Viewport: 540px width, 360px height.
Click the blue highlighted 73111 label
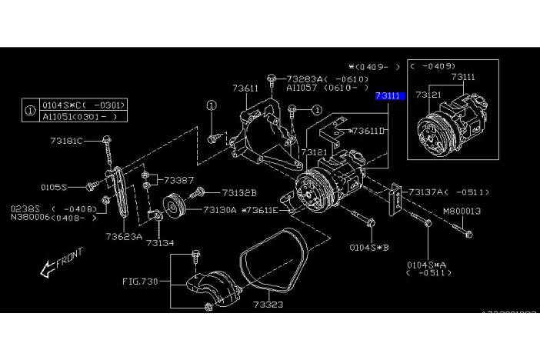pos(389,96)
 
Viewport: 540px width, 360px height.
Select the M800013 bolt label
pos(462,210)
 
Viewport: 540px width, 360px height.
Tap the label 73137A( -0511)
pos(449,192)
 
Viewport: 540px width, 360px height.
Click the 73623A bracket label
pos(124,236)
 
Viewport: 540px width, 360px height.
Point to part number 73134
pos(162,243)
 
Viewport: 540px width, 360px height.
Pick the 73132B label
pos(239,192)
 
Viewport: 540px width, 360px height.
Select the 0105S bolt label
pos(54,187)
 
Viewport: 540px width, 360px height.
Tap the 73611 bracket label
pos(245,88)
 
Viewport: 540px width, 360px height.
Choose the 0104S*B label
pos(370,248)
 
